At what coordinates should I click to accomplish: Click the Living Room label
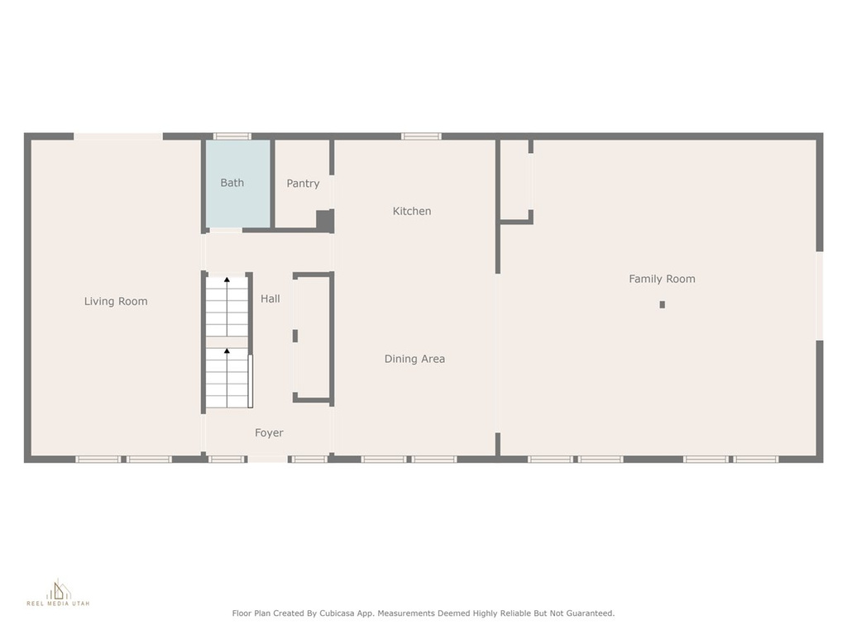coord(116,301)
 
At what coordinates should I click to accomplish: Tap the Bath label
coord(232,183)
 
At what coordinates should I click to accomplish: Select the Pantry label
coord(303,184)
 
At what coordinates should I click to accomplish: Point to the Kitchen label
coord(412,211)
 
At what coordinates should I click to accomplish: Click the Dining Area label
coord(415,359)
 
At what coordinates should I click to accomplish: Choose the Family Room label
coord(663,279)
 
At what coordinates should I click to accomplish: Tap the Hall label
coord(270,298)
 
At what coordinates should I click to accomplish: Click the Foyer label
coord(269,432)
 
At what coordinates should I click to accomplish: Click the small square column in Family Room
coord(663,304)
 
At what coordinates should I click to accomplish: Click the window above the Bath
coord(232,136)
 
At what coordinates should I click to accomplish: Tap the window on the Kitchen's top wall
coord(421,136)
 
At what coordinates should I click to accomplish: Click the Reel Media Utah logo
coord(59,592)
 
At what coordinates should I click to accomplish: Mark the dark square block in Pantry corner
coord(324,222)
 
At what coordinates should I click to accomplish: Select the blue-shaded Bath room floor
coord(238,184)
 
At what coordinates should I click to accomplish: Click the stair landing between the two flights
coord(227,342)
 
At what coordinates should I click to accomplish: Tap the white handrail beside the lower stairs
coord(250,381)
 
